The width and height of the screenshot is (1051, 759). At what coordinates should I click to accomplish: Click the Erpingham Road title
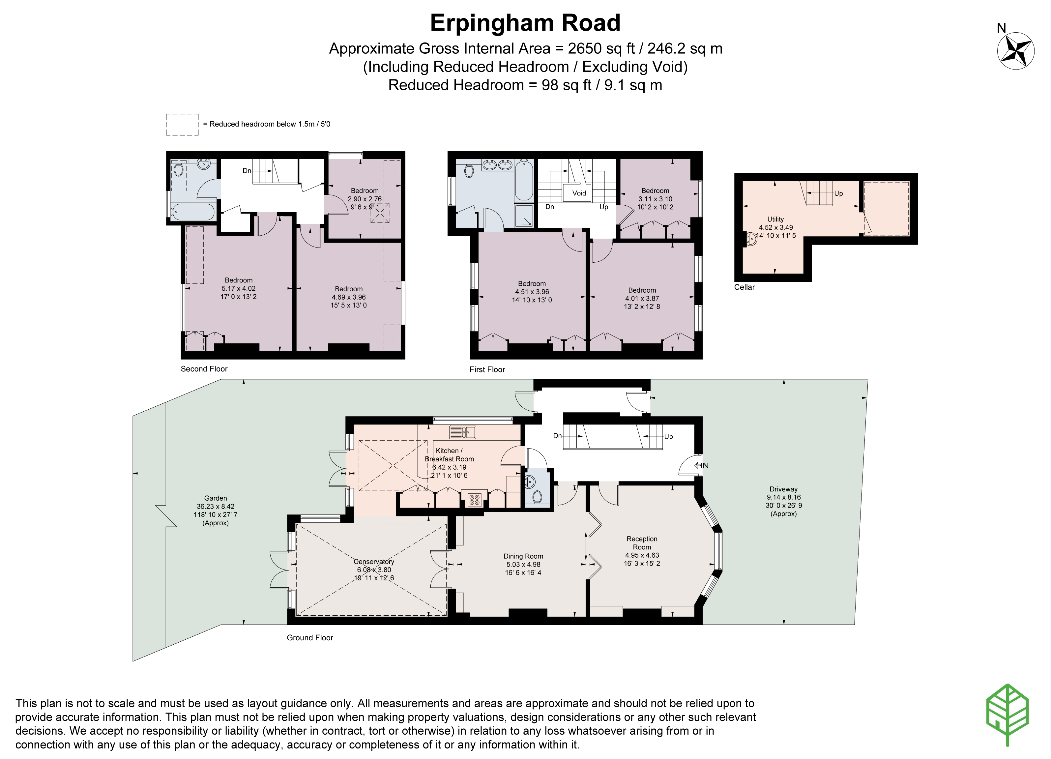pyautogui.click(x=525, y=23)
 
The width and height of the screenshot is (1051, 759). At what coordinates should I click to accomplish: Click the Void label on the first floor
pyautogui.click(x=579, y=193)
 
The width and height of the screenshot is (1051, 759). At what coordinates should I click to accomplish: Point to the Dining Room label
pyautogui.click(x=523, y=556)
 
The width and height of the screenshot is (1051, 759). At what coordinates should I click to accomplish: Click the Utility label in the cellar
pyautogui.click(x=775, y=219)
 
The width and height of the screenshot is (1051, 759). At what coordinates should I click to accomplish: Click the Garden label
pyautogui.click(x=216, y=498)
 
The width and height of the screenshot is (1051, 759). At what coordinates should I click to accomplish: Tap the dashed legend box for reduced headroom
pyautogui.click(x=182, y=125)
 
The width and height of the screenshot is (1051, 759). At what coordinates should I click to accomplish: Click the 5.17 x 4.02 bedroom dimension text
pyautogui.click(x=238, y=288)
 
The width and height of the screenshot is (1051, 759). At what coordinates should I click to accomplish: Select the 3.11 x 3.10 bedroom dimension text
pyautogui.click(x=655, y=199)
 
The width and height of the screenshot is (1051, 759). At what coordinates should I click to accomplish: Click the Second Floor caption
pyautogui.click(x=204, y=369)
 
